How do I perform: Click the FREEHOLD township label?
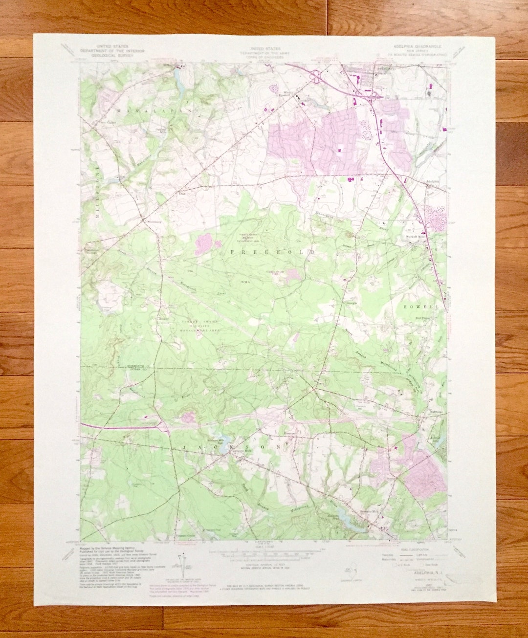point(272,251)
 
